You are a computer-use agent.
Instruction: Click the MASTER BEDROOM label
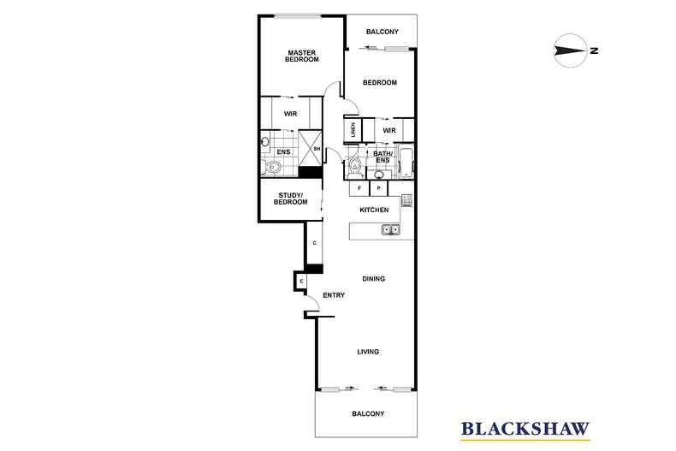302,56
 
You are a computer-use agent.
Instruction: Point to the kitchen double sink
389,229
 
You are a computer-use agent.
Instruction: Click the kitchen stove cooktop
406,201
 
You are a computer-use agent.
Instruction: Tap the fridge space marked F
359,187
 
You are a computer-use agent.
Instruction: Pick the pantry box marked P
378,187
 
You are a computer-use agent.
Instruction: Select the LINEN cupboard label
353,130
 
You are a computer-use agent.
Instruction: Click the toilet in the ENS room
273,166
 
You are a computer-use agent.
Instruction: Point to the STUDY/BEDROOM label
291,199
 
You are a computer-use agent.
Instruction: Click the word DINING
373,279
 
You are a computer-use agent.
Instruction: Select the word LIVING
368,352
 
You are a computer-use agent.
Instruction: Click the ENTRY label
334,295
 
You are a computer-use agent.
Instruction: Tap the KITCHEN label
374,210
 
